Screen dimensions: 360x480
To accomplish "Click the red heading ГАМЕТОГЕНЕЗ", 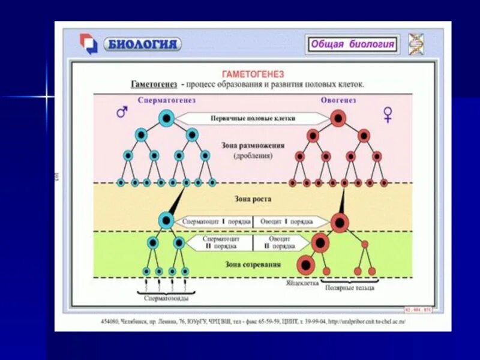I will click(x=253, y=74).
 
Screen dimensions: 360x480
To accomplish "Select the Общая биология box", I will click(x=352, y=44).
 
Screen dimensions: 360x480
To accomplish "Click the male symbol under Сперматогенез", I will click(x=122, y=112).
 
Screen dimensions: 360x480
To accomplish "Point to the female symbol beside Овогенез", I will click(x=388, y=115).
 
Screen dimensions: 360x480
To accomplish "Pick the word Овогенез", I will click(x=338, y=100).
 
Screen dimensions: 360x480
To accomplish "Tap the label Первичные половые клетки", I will click(x=253, y=119).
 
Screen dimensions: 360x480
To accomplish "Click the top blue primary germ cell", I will click(x=166, y=118).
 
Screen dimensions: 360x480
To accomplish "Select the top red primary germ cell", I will click(x=338, y=118).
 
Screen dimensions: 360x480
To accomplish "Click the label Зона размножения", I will click(x=253, y=145).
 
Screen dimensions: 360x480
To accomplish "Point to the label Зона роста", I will click(x=253, y=198).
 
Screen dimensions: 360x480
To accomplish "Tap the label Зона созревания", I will click(x=253, y=263).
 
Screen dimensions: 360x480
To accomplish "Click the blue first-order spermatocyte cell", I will click(x=166, y=221).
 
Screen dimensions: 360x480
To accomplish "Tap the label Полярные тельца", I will click(x=350, y=287).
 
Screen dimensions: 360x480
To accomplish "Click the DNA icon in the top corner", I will click(x=416, y=43).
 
